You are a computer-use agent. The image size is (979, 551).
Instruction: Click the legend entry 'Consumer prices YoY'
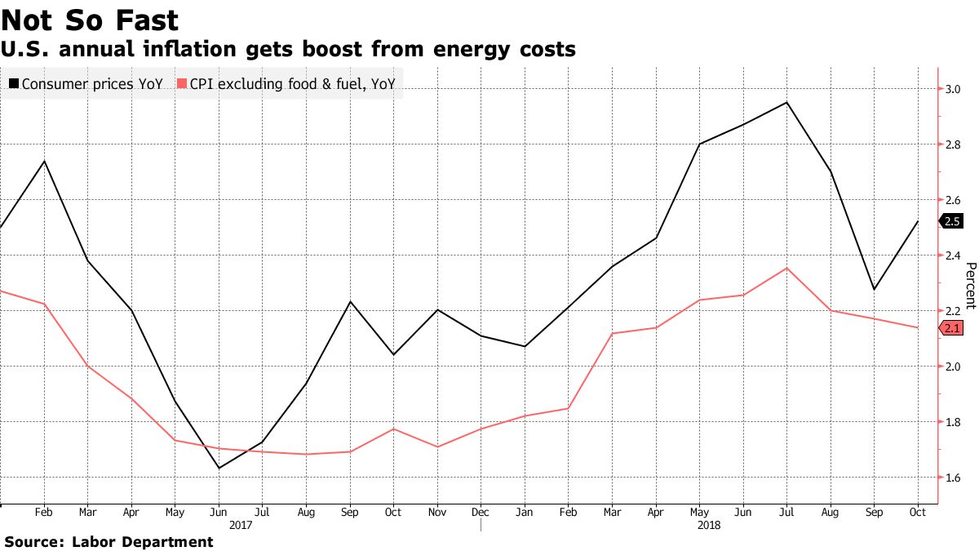coord(86,83)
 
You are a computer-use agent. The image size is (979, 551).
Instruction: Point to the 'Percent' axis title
coord(970,286)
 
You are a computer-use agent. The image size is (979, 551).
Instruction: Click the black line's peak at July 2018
coord(786,102)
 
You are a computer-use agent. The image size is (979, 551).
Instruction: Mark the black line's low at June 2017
coord(219,468)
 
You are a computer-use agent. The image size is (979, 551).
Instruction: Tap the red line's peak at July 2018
coord(786,268)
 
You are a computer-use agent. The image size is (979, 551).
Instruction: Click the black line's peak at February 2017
coord(43,161)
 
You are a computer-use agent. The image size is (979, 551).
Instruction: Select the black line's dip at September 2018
coord(874,290)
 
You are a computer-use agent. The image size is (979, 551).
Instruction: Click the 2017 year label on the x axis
coord(241,526)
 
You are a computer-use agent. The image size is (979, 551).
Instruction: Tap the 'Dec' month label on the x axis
coord(481,513)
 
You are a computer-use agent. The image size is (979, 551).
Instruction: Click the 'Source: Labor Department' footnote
coord(109,541)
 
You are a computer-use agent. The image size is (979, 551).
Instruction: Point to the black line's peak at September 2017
coord(350,301)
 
